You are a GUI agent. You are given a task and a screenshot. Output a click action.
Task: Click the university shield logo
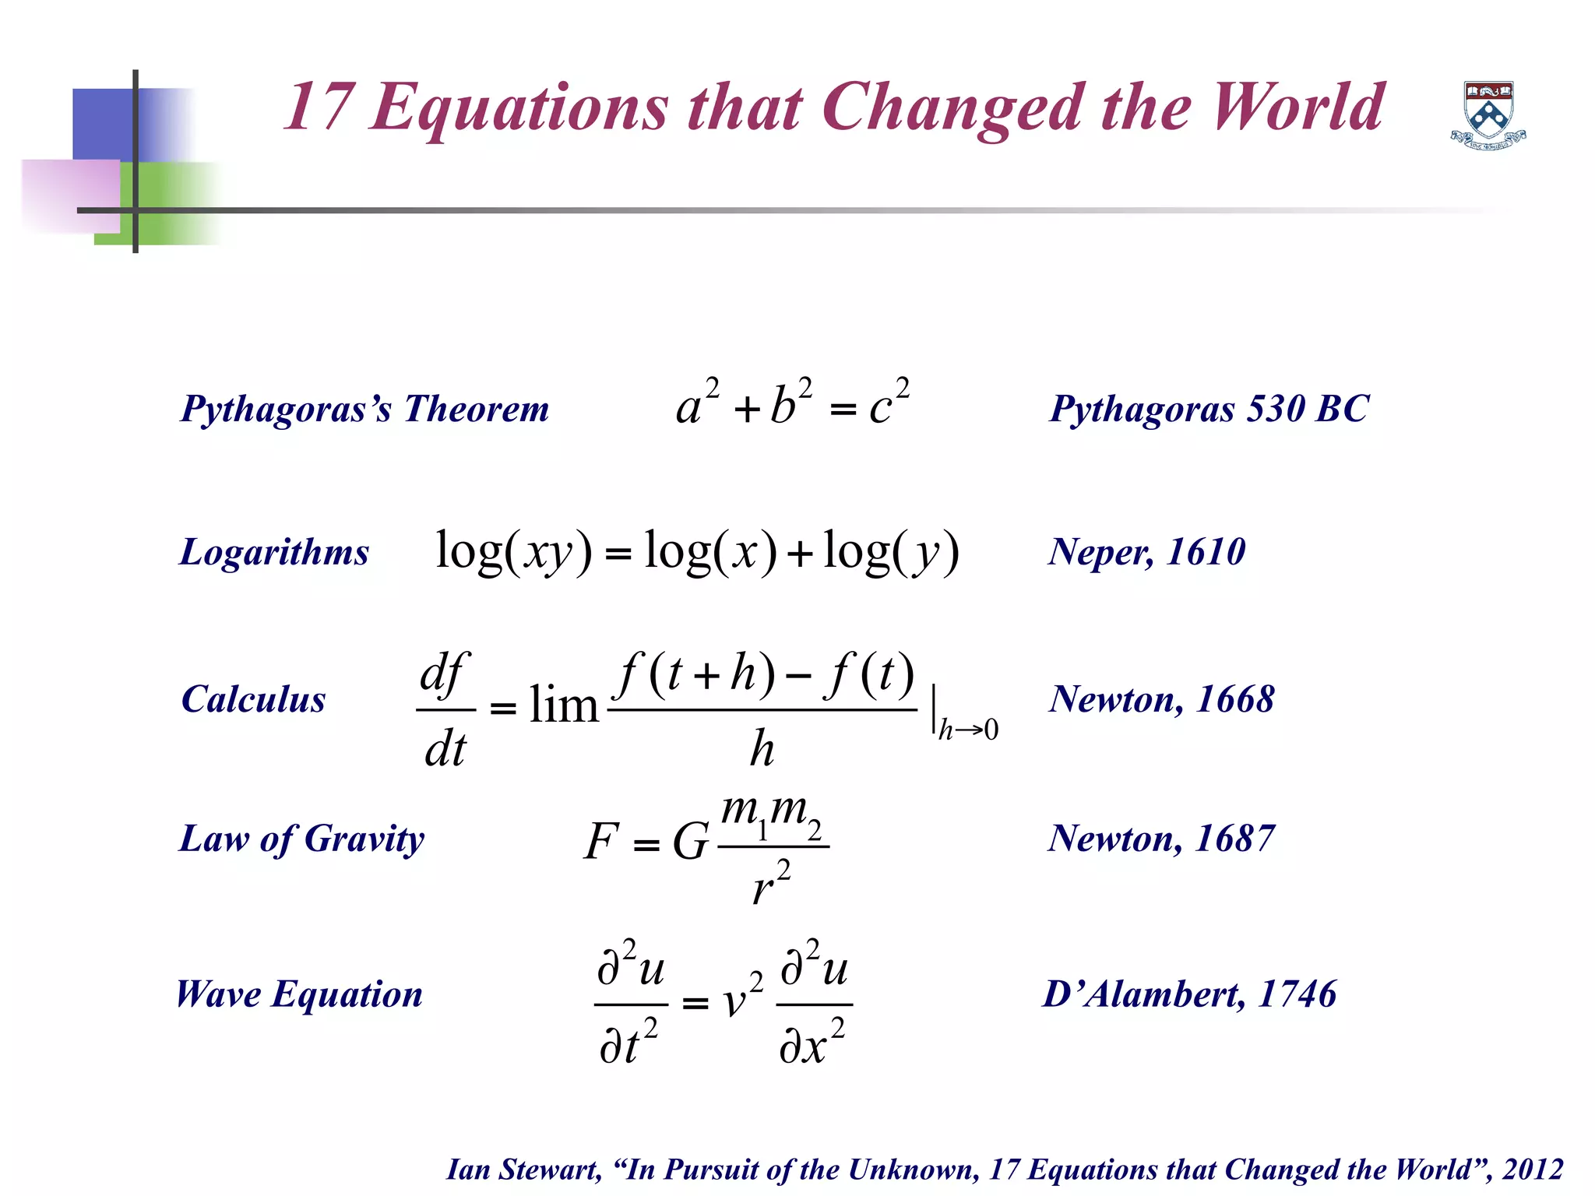(x=1488, y=115)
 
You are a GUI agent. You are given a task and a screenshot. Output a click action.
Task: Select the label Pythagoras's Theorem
(x=364, y=409)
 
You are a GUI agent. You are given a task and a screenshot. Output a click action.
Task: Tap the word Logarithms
(x=274, y=552)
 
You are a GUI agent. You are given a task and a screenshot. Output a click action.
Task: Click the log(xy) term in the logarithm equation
(x=513, y=552)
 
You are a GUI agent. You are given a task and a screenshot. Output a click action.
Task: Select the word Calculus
(x=253, y=699)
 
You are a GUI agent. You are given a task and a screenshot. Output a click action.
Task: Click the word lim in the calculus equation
(x=563, y=705)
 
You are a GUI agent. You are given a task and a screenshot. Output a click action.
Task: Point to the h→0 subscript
(x=968, y=730)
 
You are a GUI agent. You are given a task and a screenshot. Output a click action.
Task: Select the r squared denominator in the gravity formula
(x=771, y=885)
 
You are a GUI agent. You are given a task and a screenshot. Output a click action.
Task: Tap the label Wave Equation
(x=300, y=994)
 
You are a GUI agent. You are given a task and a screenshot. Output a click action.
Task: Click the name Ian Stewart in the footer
(x=523, y=1170)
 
